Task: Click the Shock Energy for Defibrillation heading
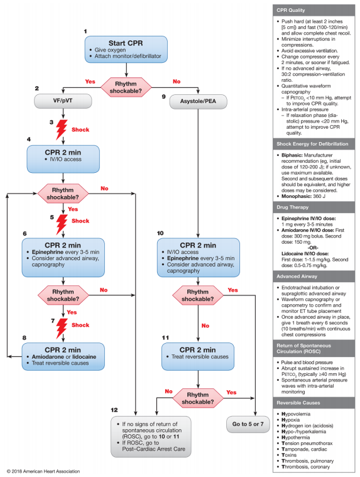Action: (x=310, y=143)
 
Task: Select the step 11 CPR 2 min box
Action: (x=199, y=353)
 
